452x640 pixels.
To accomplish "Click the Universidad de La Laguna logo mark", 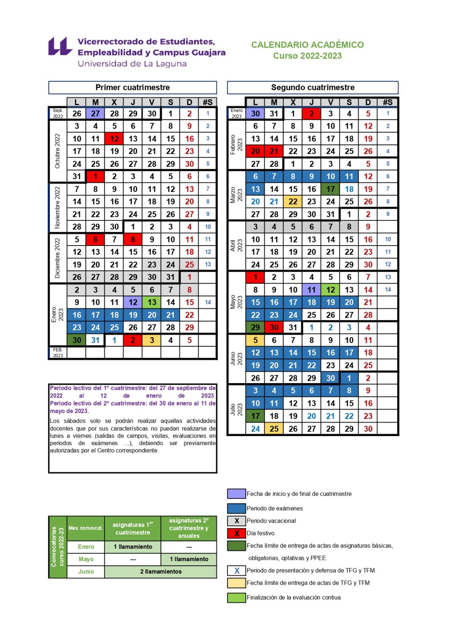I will [60, 46].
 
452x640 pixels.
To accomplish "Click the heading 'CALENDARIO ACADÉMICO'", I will [307, 44].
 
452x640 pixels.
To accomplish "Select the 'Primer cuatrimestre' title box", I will [132, 88].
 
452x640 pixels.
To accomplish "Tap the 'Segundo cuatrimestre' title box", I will [313, 88].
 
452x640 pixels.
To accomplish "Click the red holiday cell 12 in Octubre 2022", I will [114, 139].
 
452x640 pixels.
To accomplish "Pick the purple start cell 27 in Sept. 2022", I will [95, 114].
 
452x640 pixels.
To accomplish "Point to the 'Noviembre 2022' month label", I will [57, 208].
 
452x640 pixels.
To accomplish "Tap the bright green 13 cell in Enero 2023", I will [152, 302].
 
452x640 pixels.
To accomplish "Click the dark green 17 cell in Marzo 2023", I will [331, 189].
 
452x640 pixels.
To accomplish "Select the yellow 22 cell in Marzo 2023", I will [293, 202].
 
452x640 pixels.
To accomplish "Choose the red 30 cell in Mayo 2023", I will [274, 328].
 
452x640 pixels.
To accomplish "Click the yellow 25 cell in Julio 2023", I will [274, 429].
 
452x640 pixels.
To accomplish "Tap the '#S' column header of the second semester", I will [387, 102].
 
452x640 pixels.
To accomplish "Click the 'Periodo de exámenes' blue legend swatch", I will [236, 508].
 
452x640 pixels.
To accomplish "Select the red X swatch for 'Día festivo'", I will [236, 533].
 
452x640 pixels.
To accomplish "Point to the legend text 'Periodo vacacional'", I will [271, 521].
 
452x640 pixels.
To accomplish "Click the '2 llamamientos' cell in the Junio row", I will [161, 572].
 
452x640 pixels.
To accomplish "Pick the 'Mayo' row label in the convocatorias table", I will [86, 559].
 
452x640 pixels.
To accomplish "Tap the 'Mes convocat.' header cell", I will [86, 528].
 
